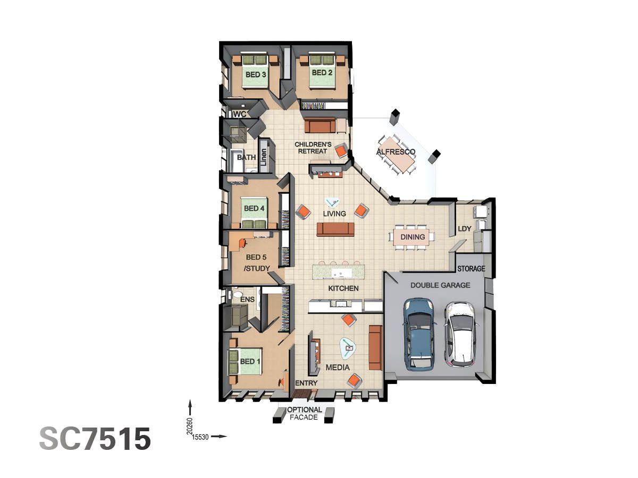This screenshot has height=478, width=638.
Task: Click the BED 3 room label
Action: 256,75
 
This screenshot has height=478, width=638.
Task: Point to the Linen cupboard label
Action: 264,157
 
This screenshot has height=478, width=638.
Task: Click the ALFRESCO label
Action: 396,152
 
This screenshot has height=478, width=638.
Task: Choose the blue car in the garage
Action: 419,334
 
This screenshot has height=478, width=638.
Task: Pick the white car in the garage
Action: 460,334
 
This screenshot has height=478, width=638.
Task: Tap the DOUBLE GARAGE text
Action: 440,285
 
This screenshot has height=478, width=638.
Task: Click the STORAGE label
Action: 471,269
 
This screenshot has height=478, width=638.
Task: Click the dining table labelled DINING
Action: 413,237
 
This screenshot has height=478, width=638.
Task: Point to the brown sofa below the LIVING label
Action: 335,229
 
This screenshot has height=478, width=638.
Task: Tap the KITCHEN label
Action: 343,288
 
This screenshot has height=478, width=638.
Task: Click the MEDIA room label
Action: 338,368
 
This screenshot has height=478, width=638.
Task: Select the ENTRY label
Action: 306,383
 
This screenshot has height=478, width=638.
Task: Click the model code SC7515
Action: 95,439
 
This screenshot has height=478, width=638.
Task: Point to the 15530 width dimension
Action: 200,437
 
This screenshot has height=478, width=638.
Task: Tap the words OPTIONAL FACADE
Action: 305,414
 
